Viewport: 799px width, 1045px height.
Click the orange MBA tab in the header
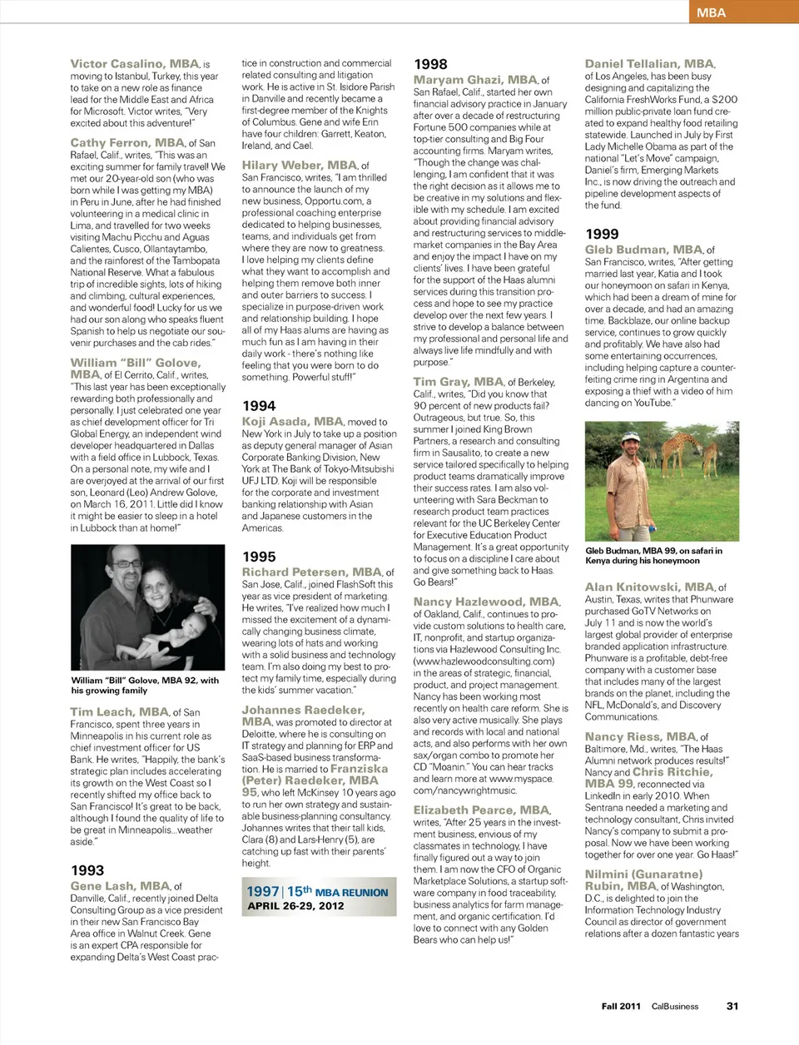pos(742,12)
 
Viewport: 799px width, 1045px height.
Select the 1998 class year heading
pos(430,64)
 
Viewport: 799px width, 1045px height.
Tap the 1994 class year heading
pos(259,406)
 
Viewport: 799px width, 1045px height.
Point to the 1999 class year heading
pos(602,235)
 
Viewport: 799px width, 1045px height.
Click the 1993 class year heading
pos(87,870)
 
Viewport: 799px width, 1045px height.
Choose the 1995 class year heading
pos(259,557)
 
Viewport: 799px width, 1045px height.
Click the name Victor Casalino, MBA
pos(135,64)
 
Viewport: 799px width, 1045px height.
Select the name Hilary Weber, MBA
pos(299,166)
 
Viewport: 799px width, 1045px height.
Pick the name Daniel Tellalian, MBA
pos(649,64)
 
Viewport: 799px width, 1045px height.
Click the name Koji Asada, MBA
pos(292,422)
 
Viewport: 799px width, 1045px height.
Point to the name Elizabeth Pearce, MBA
pos(481,810)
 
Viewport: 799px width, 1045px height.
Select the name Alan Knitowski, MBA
pos(649,587)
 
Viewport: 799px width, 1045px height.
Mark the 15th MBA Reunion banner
pos(317,892)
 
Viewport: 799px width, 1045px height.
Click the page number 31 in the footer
pos(732,1006)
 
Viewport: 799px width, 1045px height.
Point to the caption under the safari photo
pos(653,555)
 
